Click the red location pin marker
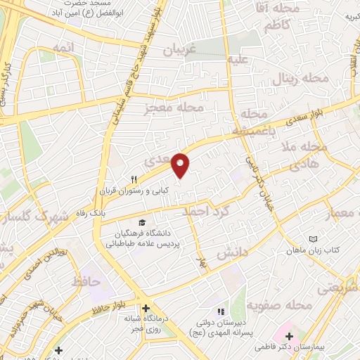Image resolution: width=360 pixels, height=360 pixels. tap(181, 165)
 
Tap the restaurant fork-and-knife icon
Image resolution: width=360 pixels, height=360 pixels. tap(133, 179)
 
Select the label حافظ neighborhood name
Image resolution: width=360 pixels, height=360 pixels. tap(86, 282)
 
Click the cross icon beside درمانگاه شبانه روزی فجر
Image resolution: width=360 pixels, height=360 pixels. tap(146, 308)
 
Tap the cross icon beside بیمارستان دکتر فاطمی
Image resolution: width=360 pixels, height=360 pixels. tap(290, 337)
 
